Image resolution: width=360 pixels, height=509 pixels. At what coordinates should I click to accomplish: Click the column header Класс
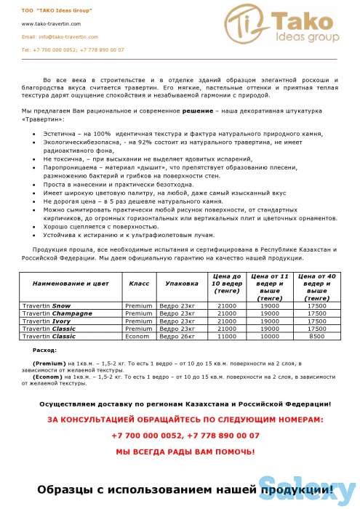pyautogui.click(x=139, y=281)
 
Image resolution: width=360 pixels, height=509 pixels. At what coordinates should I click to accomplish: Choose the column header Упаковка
pyautogui.click(x=182, y=281)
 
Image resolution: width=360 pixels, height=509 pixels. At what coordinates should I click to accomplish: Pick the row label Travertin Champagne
pyautogui.click(x=57, y=313)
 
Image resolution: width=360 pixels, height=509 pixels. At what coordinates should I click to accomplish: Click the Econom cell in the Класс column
pyautogui.click(x=139, y=336)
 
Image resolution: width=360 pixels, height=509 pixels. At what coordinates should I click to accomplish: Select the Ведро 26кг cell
pyautogui.click(x=177, y=336)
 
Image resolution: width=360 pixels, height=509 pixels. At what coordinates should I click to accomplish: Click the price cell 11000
pyautogui.click(x=227, y=336)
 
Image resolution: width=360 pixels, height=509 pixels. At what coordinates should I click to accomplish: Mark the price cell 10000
pyautogui.click(x=270, y=336)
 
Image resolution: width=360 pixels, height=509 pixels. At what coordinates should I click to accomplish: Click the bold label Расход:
pyautogui.click(x=45, y=350)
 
